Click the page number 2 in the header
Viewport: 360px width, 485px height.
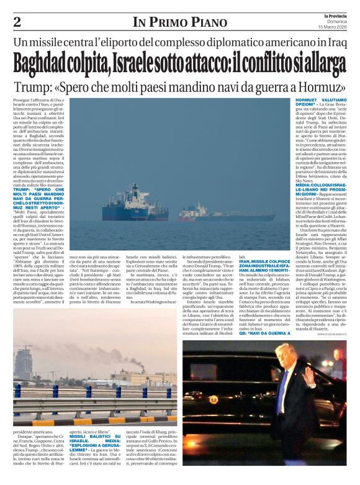tap(16, 23)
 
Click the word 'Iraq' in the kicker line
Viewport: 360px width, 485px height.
tap(331, 43)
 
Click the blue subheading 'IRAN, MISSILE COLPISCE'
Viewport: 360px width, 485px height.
tap(265, 264)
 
